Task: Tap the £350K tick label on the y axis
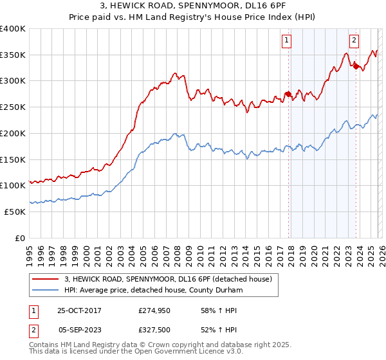[x=13, y=55]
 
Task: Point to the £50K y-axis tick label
[x=15, y=212]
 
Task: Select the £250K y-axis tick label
[x=13, y=107]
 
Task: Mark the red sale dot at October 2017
[x=288, y=94]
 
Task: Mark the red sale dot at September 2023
[x=355, y=66]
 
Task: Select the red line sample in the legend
[x=46, y=279]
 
